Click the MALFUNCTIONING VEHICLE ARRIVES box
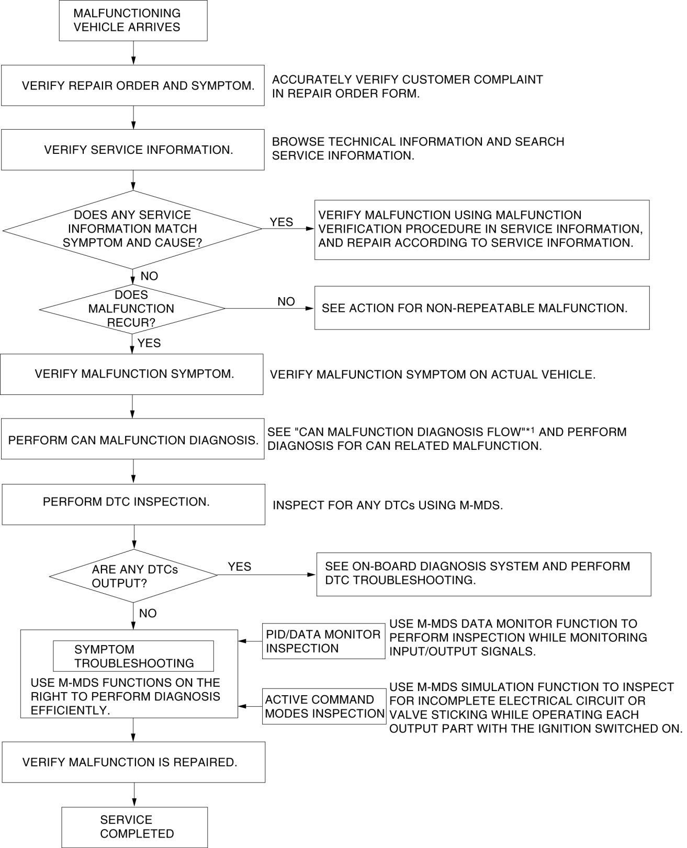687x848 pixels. [133, 21]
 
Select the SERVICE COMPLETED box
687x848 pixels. [134, 827]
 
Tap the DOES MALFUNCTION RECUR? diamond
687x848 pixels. [132, 309]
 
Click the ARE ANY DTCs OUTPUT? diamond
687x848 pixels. [133, 575]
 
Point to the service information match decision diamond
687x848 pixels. [132, 229]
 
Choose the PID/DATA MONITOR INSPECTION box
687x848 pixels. [323, 641]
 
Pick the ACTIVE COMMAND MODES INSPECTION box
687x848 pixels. [324, 706]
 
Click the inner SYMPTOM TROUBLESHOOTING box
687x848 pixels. [133, 656]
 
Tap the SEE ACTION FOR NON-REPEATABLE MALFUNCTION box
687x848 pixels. [481, 308]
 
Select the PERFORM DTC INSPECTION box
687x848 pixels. [133, 504]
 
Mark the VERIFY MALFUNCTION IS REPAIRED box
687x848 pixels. [133, 762]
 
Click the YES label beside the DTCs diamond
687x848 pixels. [240, 567]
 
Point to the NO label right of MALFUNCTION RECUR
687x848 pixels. [286, 302]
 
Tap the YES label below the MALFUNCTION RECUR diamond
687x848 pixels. [149, 343]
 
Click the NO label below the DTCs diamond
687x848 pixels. [148, 613]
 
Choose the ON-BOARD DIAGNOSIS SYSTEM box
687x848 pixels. [483, 574]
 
